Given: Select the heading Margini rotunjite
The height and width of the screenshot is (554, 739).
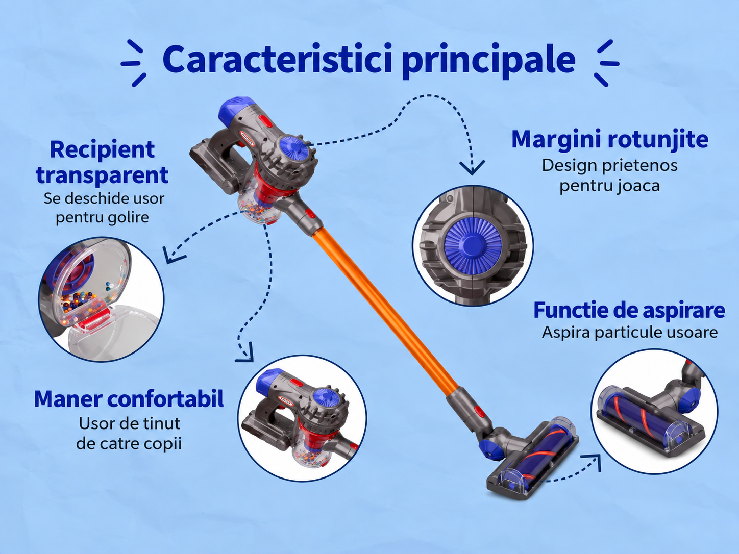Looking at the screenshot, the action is coord(610,140).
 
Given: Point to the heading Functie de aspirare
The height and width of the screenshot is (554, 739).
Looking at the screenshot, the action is coord(629,310).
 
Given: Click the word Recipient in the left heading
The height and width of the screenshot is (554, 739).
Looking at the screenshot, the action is coord(103,150).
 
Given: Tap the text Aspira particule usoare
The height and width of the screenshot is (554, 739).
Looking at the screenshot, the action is coord(630,333).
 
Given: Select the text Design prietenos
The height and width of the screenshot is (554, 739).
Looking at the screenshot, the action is coord(610,165).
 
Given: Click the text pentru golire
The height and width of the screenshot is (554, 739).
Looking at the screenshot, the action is coord(103,217).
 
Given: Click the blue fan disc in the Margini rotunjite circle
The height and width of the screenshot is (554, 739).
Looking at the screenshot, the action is coord(473,245).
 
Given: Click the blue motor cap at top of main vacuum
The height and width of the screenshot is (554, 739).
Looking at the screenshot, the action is coord(236,110).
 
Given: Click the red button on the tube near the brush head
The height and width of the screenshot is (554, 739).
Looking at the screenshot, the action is coord(479,412).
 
